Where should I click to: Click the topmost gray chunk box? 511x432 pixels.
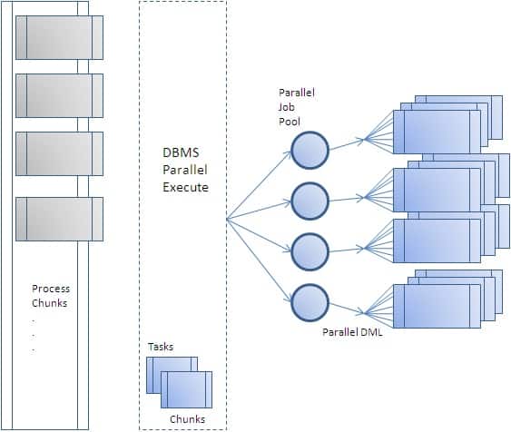coord(59,36)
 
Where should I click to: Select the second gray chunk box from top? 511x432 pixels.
coord(59,95)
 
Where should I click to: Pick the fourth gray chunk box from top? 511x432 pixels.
coord(59,219)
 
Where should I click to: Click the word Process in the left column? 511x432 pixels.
coord(51,290)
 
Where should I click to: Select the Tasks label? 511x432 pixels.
coord(161,347)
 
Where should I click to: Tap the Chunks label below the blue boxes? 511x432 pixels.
coord(188,418)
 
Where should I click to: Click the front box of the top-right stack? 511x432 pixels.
coord(436,133)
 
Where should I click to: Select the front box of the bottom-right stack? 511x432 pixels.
coord(436,306)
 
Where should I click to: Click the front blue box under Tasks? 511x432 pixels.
coord(186,390)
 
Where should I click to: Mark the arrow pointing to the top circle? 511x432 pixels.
coord(263,182)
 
